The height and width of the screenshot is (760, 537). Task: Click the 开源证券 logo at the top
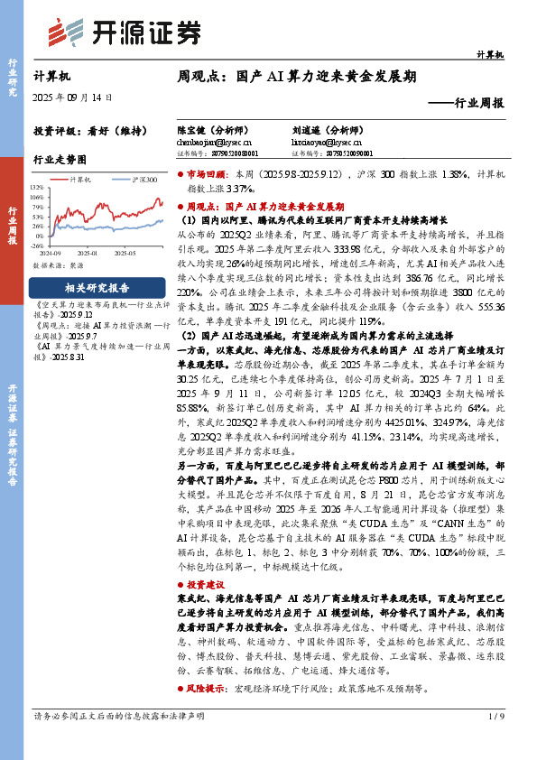click(125, 32)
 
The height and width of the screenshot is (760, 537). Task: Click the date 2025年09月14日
click(72, 97)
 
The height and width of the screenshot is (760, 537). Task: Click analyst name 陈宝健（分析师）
click(213, 130)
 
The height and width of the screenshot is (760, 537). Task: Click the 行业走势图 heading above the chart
click(60, 159)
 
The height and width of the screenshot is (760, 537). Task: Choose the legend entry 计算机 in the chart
click(80, 181)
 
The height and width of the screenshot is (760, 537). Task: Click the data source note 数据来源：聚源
click(59, 266)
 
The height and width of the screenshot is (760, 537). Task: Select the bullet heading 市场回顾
click(208, 171)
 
